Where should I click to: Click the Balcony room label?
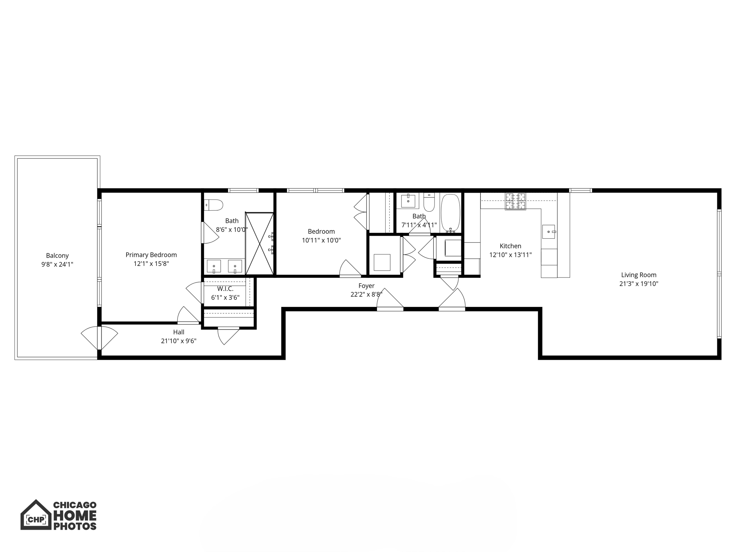pyautogui.click(x=57, y=256)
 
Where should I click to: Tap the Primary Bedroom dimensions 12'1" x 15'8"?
pyautogui.click(x=151, y=264)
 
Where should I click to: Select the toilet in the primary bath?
pyautogui.click(x=213, y=205)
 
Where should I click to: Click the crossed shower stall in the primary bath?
pyautogui.click(x=259, y=244)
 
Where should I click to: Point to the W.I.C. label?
pyautogui.click(x=225, y=289)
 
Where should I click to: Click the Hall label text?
pyautogui.click(x=179, y=332)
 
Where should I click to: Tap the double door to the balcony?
pyautogui.click(x=99, y=338)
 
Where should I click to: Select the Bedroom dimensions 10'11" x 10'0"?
pyautogui.click(x=321, y=240)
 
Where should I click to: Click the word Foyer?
pyautogui.click(x=366, y=286)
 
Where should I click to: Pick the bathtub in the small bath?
pyautogui.click(x=450, y=213)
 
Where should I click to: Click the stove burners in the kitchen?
pyautogui.click(x=515, y=201)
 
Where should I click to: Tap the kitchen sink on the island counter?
pyautogui.click(x=549, y=232)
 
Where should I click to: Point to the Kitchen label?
pyautogui.click(x=510, y=246)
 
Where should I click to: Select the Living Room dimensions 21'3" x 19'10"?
pyautogui.click(x=639, y=284)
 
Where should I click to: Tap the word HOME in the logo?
pyautogui.click(x=75, y=516)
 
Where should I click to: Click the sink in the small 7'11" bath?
pyautogui.click(x=408, y=201)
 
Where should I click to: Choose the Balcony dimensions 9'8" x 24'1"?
pyautogui.click(x=57, y=264)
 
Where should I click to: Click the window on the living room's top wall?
pyautogui.click(x=580, y=190)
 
